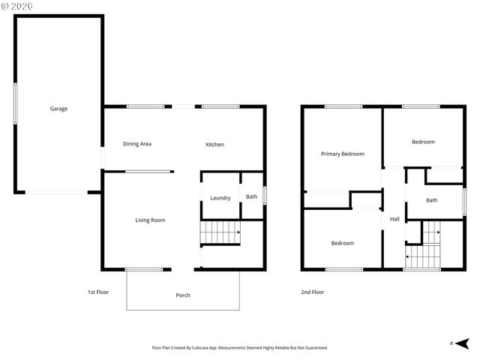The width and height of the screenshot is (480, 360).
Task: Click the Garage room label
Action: click(58, 109)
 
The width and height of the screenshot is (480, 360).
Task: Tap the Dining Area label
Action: click(137, 144)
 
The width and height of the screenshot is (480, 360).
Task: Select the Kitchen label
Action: click(215, 144)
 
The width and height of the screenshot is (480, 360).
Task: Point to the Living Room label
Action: click(150, 220)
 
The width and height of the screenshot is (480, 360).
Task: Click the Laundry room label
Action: click(220, 198)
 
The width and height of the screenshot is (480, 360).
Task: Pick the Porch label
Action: click(183, 295)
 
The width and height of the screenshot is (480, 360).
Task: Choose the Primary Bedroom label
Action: click(343, 154)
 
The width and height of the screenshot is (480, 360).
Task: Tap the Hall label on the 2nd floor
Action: click(394, 219)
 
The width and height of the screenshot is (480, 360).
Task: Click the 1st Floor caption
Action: click(97, 292)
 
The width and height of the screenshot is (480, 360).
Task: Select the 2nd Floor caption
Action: click(312, 292)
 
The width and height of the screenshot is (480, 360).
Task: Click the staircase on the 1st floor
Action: click(220, 232)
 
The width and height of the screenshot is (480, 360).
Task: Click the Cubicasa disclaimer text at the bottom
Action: click(240, 347)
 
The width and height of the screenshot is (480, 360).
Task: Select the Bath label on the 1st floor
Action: click(251, 197)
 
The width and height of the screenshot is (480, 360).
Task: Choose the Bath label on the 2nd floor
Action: click(432, 200)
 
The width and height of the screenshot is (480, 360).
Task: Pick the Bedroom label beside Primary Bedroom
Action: click(423, 142)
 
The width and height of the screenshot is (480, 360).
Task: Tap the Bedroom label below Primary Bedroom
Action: click(343, 243)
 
